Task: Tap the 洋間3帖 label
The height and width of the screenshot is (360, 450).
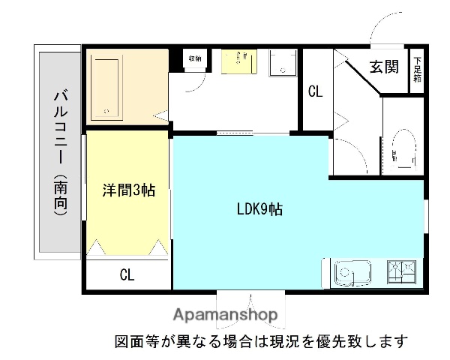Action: click(x=129, y=190)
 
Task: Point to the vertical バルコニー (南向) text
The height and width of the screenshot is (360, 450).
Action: click(x=60, y=154)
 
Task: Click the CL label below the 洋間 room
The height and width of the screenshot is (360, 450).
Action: click(x=127, y=274)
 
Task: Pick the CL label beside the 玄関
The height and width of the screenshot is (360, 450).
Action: click(x=315, y=92)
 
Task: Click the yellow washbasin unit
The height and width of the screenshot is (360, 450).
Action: click(x=238, y=61)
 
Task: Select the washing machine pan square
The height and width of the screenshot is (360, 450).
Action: click(x=283, y=62)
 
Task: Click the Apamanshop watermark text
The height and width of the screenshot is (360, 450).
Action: click(x=226, y=314)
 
